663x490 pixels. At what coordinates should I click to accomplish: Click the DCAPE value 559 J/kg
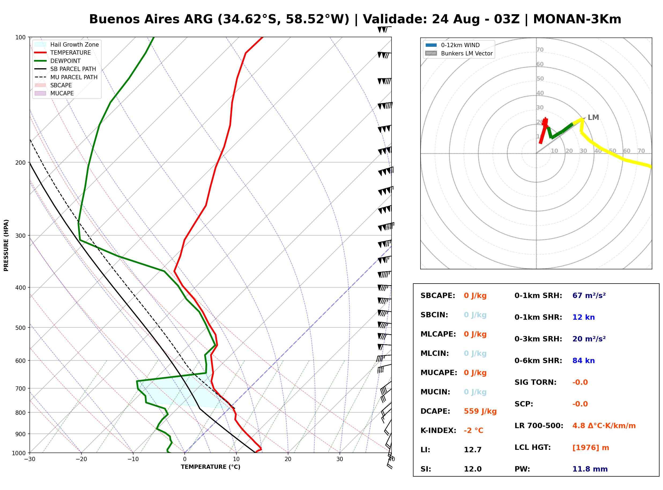[x=480, y=411]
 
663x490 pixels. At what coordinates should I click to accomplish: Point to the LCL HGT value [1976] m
[x=591, y=448]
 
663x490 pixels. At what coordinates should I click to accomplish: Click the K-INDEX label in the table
[x=438, y=430]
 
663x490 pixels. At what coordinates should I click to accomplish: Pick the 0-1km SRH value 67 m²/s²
[x=589, y=295]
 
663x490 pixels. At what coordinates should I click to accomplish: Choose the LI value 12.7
[x=473, y=450]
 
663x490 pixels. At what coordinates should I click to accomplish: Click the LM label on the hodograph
[x=593, y=118]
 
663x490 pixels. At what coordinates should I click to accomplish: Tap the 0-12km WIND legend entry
[x=453, y=45]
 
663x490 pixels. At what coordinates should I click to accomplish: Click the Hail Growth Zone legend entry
[x=67, y=44]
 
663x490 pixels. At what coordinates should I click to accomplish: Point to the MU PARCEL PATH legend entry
[x=66, y=77]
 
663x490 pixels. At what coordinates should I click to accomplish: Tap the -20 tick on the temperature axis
[x=81, y=459]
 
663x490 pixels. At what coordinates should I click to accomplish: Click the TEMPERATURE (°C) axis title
[x=210, y=467]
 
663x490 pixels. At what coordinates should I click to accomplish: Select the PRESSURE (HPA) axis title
[x=6, y=245]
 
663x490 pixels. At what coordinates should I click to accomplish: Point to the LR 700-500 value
[x=604, y=426]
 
